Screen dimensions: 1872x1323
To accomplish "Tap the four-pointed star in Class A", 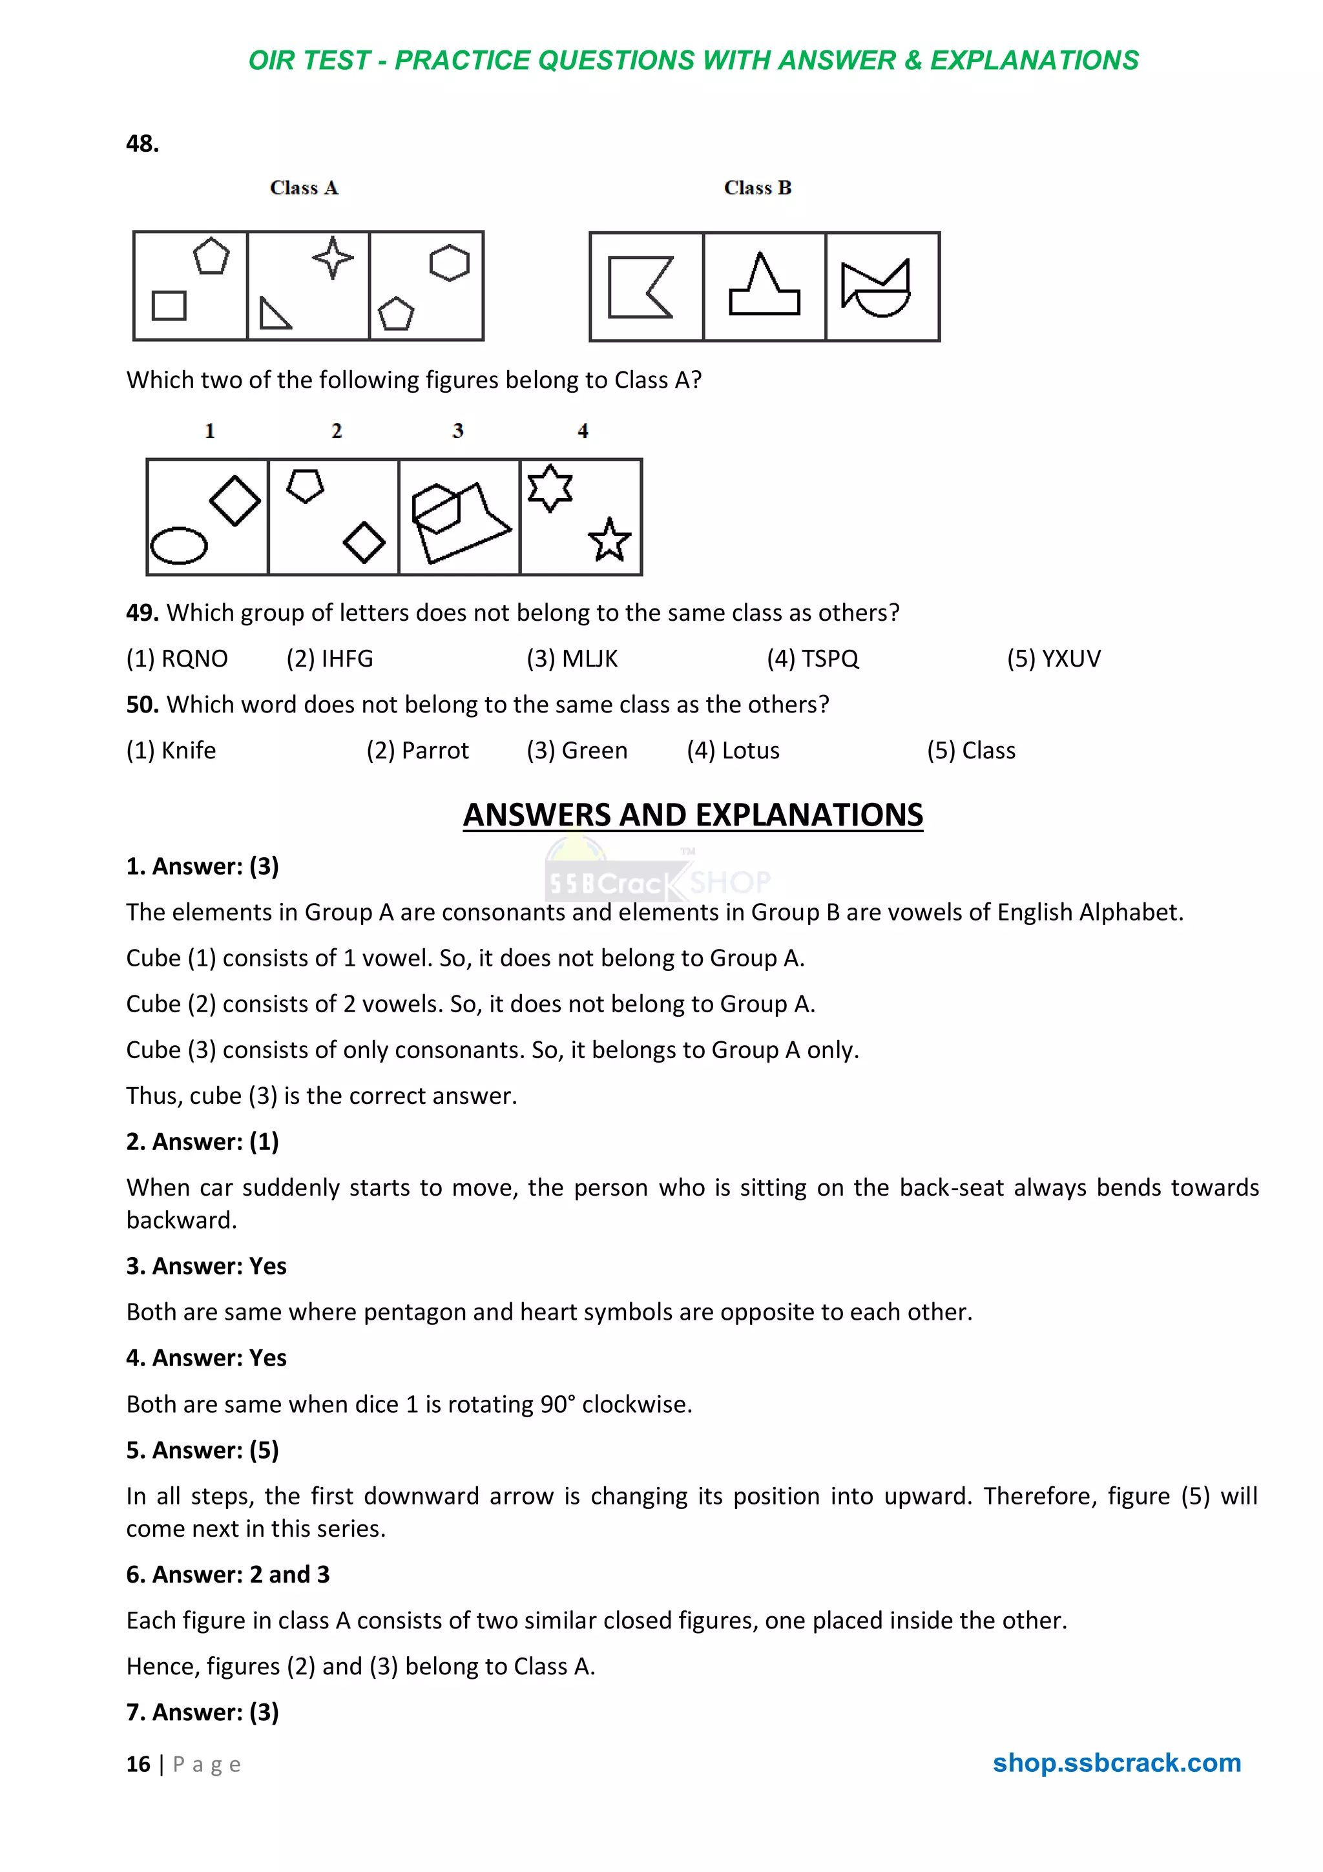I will (x=333, y=258).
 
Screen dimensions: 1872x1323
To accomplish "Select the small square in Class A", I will (x=169, y=306).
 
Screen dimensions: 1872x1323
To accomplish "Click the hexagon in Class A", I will (x=449, y=262).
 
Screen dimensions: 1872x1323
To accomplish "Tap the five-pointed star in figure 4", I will (x=609, y=540).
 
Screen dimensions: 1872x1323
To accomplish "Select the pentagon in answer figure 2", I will (x=305, y=486).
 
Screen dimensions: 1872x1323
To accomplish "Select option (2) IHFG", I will (x=329, y=658).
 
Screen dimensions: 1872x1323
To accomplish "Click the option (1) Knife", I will (x=171, y=750).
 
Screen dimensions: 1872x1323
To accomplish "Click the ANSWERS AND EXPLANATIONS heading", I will (x=693, y=815).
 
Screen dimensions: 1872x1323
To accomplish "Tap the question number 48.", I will (x=142, y=143).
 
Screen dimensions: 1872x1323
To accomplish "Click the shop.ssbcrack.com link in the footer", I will (x=1116, y=1762).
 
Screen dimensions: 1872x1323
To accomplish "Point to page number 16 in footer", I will (x=138, y=1763).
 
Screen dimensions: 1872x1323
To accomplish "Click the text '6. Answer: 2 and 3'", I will (x=227, y=1574).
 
